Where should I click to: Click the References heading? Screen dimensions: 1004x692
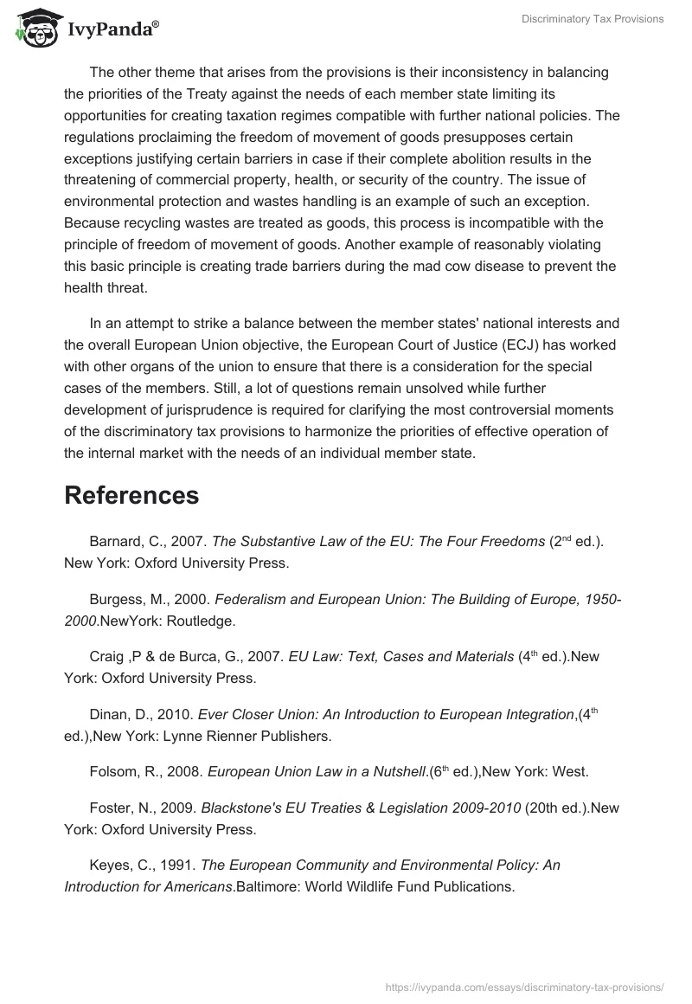click(x=131, y=495)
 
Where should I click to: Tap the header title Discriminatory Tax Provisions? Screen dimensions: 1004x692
click(x=593, y=19)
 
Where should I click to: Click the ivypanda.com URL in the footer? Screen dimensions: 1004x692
click(x=522, y=986)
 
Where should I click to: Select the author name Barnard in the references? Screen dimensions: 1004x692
click(x=115, y=542)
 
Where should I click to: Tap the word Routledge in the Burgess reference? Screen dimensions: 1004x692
click(x=197, y=620)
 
